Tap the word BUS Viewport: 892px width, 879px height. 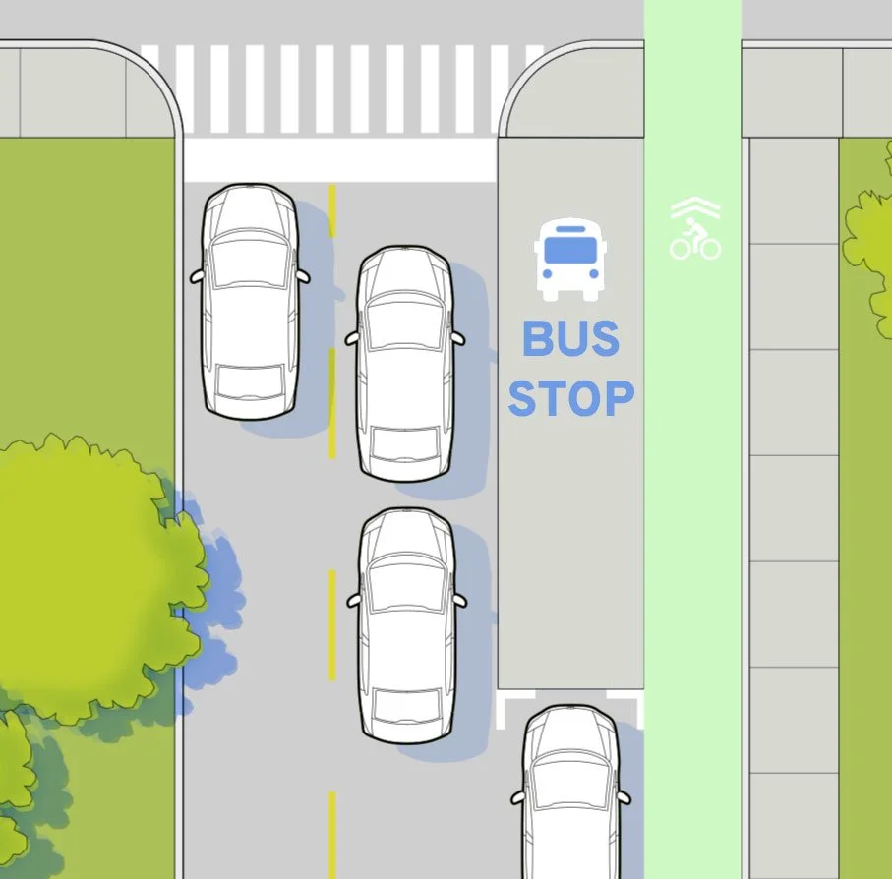point(570,339)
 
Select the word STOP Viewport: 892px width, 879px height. point(570,399)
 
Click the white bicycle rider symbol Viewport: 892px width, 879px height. point(695,240)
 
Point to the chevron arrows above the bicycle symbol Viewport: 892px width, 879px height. point(695,208)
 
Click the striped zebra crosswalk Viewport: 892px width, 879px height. point(339,88)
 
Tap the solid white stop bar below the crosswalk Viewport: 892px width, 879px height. point(339,160)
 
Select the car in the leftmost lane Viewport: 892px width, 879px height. point(250,300)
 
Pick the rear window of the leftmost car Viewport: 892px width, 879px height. point(250,380)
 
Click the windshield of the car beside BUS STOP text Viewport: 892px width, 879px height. point(404,322)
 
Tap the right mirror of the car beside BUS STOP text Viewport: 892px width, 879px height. point(457,337)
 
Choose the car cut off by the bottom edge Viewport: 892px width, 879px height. point(570,796)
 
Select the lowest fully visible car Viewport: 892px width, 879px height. point(406,624)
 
